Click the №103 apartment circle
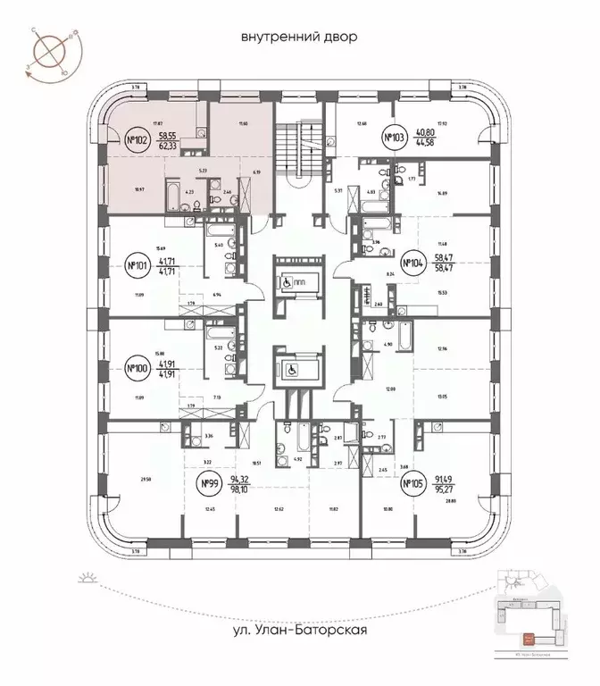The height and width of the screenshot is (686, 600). (x=394, y=138)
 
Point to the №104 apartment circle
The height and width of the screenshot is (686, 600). (x=411, y=263)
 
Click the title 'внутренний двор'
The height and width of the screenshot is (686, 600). (x=298, y=38)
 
